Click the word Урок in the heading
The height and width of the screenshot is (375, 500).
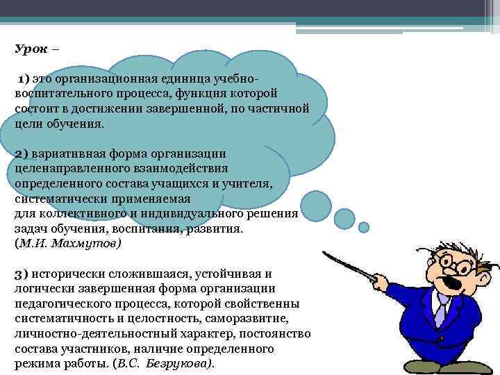point(29,50)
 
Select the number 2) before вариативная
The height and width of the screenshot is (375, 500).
point(21,153)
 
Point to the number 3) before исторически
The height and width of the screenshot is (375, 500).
point(21,274)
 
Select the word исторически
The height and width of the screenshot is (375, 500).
point(72,274)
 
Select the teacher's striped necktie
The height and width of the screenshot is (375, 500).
point(440,308)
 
